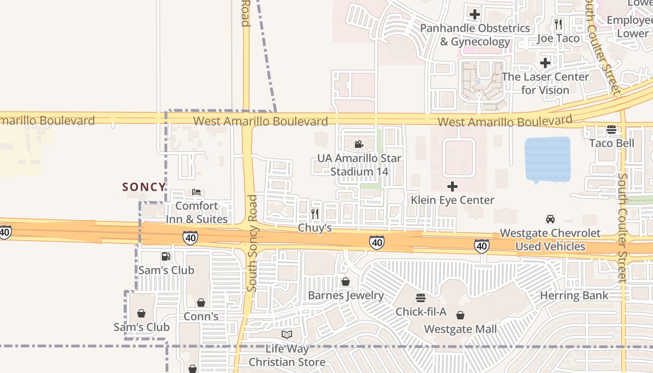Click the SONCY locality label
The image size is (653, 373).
(x=144, y=187)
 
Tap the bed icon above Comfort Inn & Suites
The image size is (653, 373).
(x=196, y=192)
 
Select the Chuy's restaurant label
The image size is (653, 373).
(x=315, y=228)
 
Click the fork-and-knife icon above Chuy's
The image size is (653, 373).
(x=315, y=214)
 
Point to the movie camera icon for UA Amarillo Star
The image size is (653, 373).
(x=359, y=145)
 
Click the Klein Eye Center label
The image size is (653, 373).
(x=452, y=200)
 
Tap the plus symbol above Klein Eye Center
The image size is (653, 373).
(x=452, y=187)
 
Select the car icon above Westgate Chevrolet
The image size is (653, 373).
(x=550, y=219)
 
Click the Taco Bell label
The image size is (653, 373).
(x=611, y=143)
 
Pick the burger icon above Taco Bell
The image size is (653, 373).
(x=611, y=130)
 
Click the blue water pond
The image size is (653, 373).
(x=548, y=159)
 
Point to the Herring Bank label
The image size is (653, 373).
(x=574, y=295)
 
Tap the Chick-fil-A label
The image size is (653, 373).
(x=421, y=311)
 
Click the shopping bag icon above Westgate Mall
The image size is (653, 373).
(x=460, y=316)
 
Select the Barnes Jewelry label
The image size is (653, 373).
(x=346, y=295)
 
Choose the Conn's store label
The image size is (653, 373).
(x=201, y=316)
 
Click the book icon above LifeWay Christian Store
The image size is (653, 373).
(x=287, y=334)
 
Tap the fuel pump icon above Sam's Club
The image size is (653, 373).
(x=166, y=256)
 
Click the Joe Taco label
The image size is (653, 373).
(x=558, y=38)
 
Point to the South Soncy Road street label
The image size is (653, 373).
(x=252, y=242)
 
